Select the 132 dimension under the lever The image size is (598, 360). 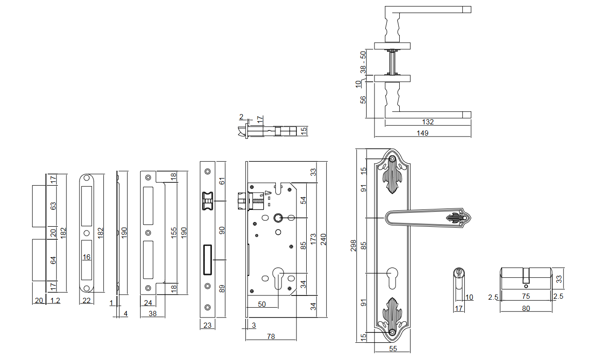tap(427, 122)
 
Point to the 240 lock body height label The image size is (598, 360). tap(323, 239)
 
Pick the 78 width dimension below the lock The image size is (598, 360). tap(271, 336)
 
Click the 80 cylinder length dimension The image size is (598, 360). tap(526, 308)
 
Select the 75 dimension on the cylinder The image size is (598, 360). tap(526, 296)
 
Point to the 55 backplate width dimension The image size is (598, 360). tap(393, 349)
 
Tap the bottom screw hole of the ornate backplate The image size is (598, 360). tap(392, 332)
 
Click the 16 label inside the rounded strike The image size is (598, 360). tap(86, 257)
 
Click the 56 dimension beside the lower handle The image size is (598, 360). tap(363, 100)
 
